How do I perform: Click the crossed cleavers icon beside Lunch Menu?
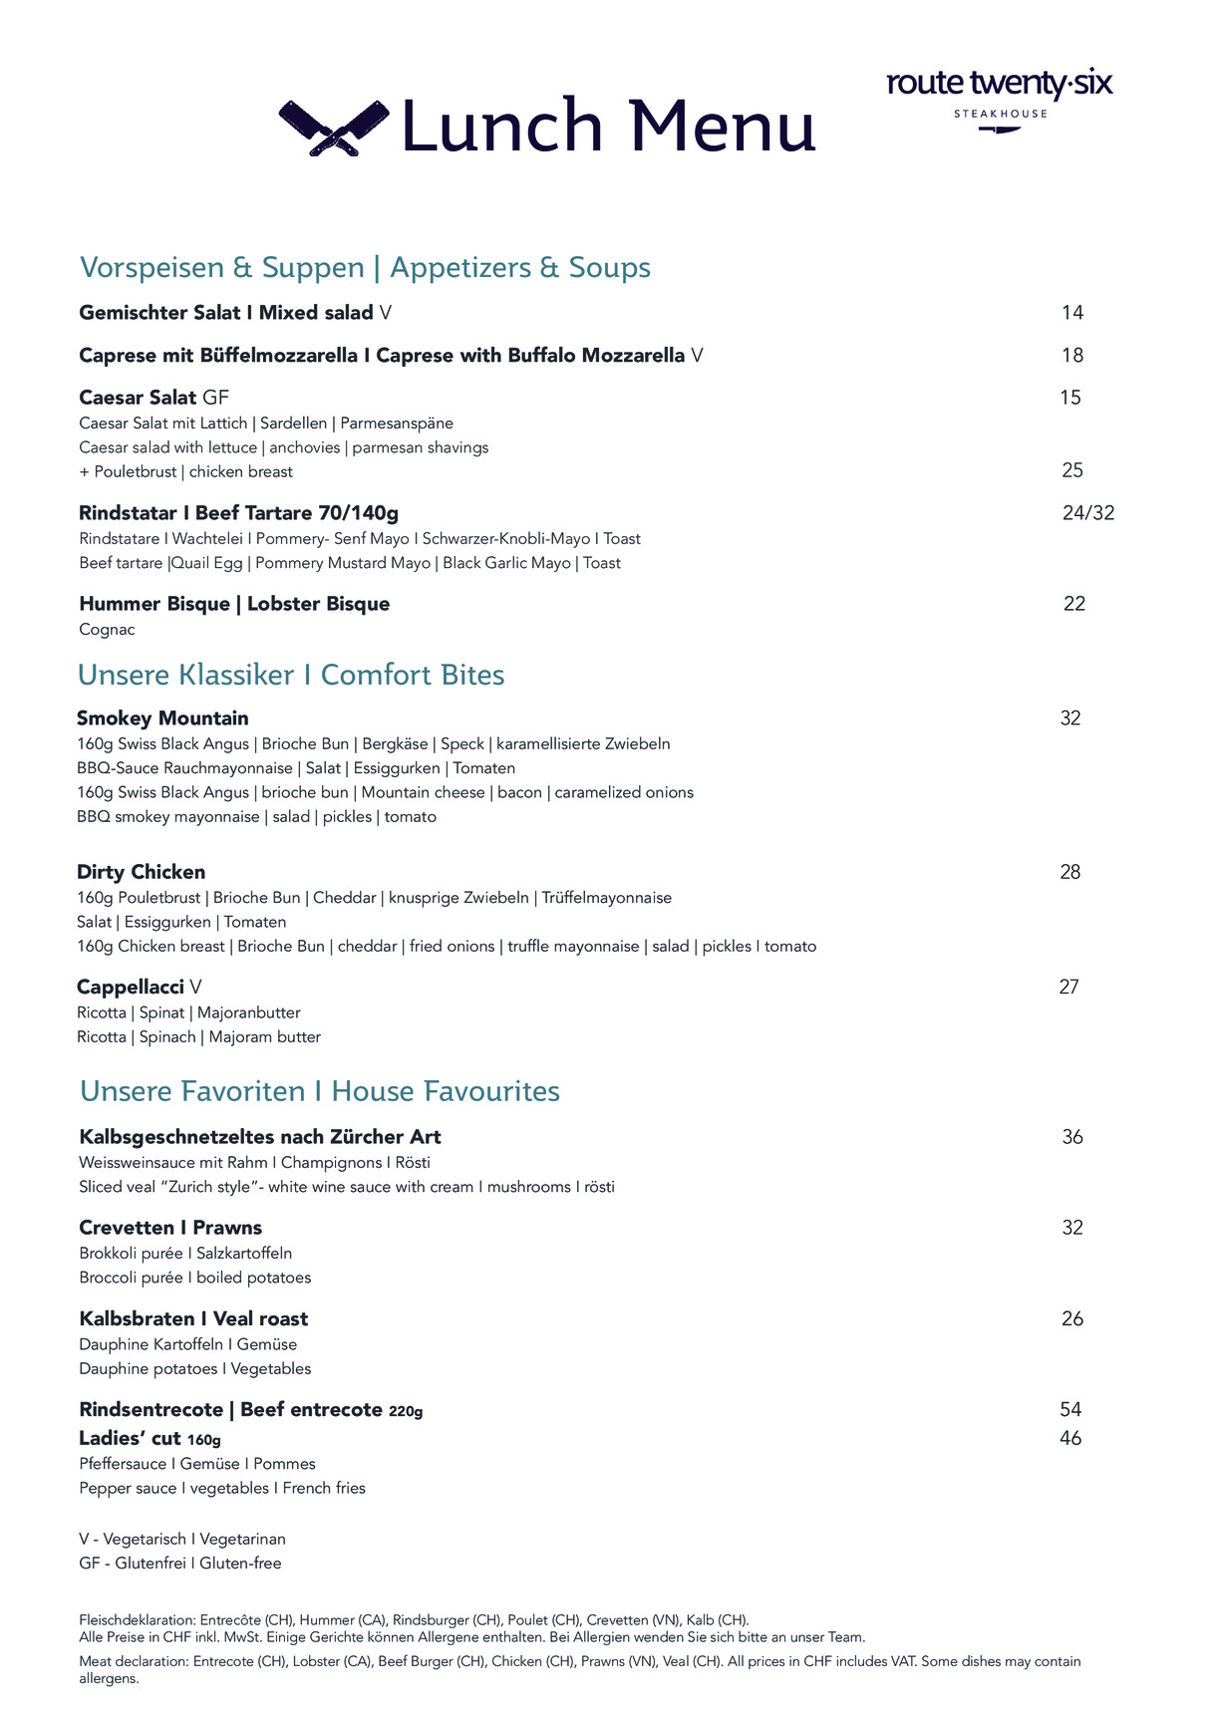pos(333,128)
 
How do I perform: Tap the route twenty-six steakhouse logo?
pos(999,96)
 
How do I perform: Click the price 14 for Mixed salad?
pos(1071,313)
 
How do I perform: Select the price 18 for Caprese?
pos(1071,356)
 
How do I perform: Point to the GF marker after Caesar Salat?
pos(215,398)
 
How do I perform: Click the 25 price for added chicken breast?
pos(1071,470)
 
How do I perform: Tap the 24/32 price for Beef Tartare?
pos(1087,513)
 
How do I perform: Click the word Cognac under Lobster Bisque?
pos(107,630)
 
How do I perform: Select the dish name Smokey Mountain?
pos(162,718)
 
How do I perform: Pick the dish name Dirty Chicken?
pos(141,872)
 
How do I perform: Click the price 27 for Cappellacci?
pos(1068,988)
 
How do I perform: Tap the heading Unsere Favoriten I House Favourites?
pos(319,1091)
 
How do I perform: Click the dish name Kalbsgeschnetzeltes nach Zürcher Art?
pos(259,1137)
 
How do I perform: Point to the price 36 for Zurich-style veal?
pos(1071,1137)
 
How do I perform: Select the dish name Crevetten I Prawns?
pos(170,1228)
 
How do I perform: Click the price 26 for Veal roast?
pos(1071,1319)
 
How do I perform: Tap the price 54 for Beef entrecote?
pos(1070,1410)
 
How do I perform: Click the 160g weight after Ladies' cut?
pos(203,1440)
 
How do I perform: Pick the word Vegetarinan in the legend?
pos(242,1540)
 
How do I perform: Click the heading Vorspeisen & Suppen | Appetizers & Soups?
pos(365,267)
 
